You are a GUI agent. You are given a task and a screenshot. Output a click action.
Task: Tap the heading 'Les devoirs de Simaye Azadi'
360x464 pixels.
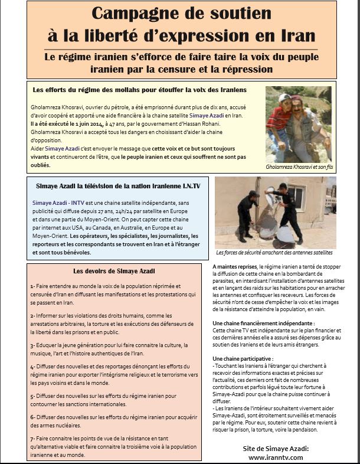[106, 271]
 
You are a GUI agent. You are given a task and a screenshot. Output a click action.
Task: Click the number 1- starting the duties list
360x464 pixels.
[33, 286]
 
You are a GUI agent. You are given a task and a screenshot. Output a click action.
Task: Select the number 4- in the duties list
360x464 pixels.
[33, 367]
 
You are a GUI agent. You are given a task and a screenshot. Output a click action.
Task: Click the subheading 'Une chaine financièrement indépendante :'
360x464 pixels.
[264, 324]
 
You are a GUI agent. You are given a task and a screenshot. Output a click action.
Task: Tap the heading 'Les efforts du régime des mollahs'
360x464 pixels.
[140, 90]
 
